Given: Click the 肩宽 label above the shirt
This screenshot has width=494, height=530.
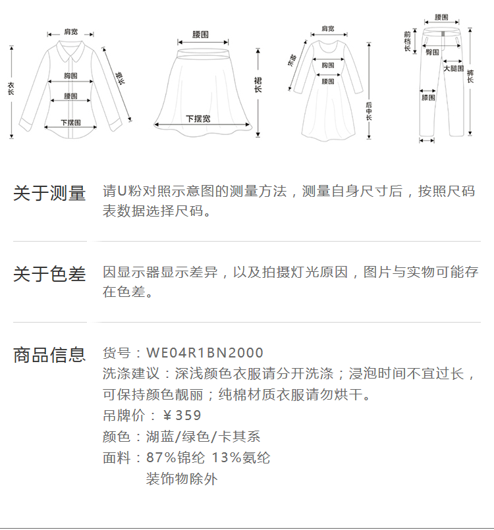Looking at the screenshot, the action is (x=70, y=32).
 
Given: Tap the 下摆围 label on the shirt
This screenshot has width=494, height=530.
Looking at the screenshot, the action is (x=70, y=122).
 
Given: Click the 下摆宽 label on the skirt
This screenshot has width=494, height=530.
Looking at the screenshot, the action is (x=198, y=119).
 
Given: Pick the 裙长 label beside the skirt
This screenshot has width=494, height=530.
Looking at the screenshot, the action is (x=258, y=84).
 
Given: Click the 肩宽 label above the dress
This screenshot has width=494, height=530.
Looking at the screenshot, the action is (x=327, y=28).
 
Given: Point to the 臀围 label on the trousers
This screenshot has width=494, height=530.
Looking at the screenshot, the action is (x=432, y=51).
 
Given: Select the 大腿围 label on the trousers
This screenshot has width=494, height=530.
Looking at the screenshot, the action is (x=453, y=68).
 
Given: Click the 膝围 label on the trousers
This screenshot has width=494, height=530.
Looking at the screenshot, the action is (x=428, y=97).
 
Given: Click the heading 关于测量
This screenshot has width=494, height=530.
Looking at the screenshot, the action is (x=49, y=194).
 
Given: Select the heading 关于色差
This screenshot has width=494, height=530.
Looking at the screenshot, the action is (x=49, y=274).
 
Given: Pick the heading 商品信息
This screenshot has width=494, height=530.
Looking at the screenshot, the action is (x=49, y=355).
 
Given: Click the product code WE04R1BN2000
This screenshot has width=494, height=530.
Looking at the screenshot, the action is (x=204, y=353).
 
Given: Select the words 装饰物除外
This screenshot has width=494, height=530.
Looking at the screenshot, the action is (x=181, y=479).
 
